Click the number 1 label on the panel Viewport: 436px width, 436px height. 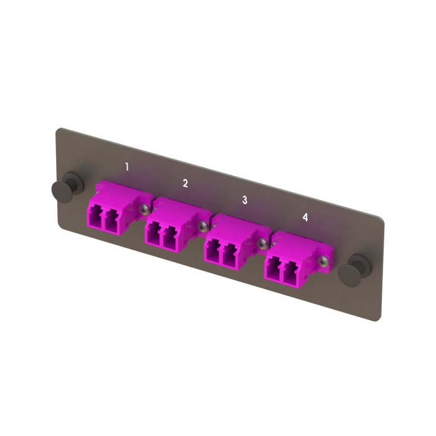pos(127,166)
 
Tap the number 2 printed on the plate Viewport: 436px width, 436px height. pos(185,183)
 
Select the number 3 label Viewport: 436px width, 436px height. pos(245,200)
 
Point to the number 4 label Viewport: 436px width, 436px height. pos(305,217)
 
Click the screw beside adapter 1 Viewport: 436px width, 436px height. pos(145,209)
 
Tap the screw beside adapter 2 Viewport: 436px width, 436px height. pos(203,225)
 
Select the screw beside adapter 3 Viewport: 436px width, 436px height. pos(264,242)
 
